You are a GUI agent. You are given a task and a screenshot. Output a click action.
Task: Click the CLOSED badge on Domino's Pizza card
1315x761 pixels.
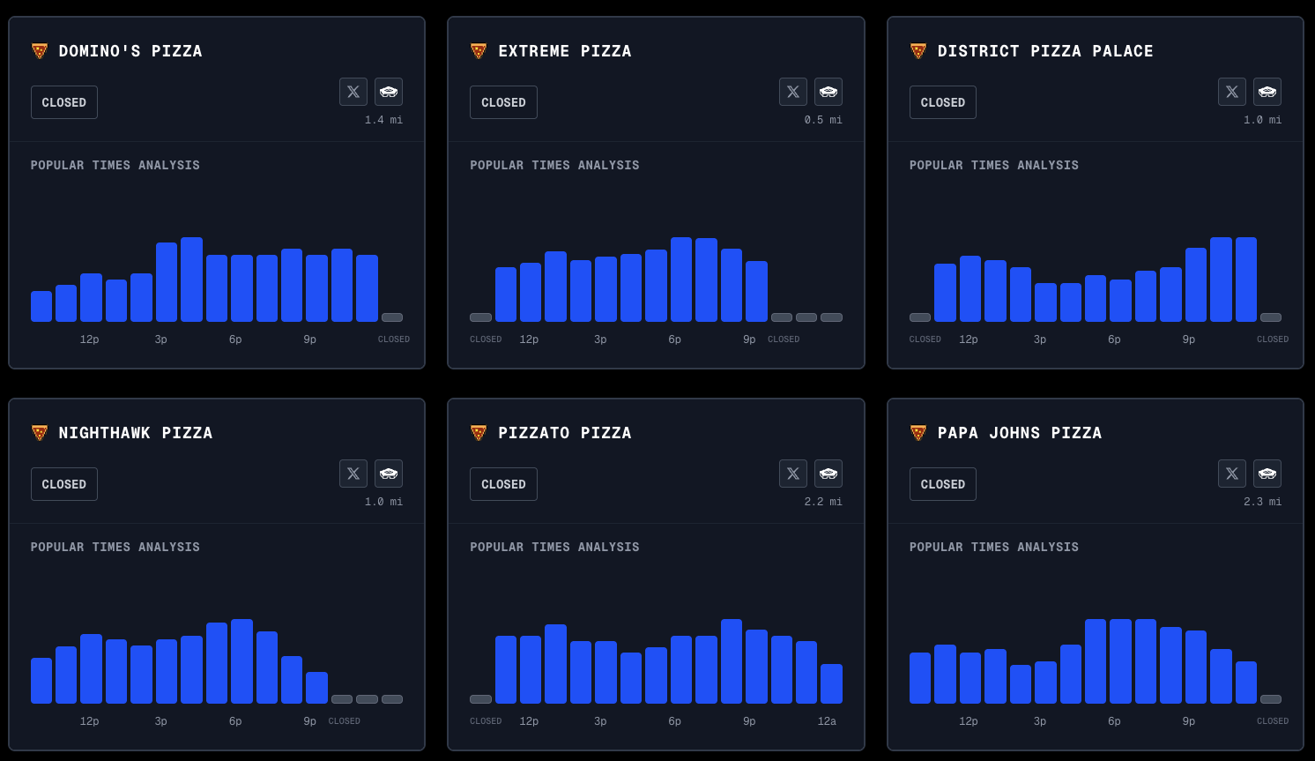[64, 102]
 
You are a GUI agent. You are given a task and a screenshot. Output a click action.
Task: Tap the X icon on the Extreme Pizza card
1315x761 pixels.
[792, 92]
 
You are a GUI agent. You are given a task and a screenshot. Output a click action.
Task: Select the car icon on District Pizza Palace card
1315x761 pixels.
[1267, 92]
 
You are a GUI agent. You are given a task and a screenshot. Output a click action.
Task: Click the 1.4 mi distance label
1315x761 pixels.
[383, 120]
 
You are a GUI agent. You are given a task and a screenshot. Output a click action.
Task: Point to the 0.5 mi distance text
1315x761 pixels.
[823, 120]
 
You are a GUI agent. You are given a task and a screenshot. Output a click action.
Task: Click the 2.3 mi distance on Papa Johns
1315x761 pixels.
[1262, 502]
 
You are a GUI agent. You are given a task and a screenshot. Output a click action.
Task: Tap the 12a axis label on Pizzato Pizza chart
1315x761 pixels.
[827, 721]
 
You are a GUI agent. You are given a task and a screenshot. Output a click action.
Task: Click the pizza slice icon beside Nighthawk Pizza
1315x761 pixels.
[40, 433]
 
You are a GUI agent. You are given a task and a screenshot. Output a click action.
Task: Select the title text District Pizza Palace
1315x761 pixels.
[1045, 51]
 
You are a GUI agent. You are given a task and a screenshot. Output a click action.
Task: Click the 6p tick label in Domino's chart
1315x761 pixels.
[235, 339]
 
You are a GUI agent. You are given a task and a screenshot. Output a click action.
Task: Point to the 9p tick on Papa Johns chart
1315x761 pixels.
[1188, 721]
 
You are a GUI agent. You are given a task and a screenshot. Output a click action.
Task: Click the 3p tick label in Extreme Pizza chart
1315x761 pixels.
[600, 339]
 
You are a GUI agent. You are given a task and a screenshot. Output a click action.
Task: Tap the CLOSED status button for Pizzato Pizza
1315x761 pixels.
[503, 484]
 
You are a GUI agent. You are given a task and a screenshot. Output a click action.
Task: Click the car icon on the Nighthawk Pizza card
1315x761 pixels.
[389, 474]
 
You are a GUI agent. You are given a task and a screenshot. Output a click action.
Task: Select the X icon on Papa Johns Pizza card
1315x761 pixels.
[1231, 474]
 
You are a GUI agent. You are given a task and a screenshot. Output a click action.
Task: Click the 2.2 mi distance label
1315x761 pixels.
[823, 502]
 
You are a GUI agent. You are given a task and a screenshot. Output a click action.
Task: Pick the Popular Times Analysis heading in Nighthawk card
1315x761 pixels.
[115, 548]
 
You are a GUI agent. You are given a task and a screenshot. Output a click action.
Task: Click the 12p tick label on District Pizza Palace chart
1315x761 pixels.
[968, 339]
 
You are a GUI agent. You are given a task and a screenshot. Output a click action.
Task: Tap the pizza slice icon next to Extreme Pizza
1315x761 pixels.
[479, 51]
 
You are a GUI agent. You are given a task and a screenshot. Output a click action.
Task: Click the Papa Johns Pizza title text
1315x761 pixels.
[1019, 433]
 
